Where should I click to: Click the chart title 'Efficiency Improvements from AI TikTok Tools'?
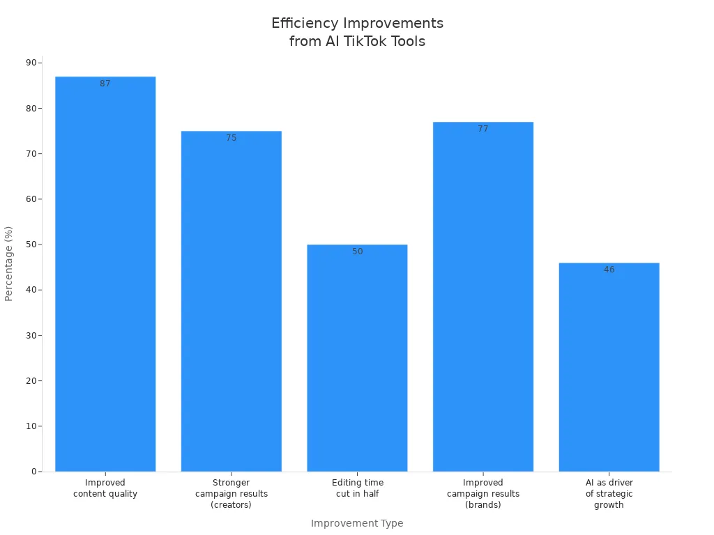(357, 32)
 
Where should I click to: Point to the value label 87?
(105, 84)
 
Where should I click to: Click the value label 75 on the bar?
(231, 138)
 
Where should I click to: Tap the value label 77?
(483, 129)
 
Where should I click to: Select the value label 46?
(609, 270)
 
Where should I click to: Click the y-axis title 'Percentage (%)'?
(9, 263)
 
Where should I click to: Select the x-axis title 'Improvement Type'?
(357, 523)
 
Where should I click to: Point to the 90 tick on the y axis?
(31, 63)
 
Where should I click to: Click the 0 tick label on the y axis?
(33, 472)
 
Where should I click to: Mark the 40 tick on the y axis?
(31, 290)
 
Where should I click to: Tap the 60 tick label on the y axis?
(31, 199)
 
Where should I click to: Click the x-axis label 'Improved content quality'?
(105, 488)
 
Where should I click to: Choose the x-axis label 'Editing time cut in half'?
(357, 488)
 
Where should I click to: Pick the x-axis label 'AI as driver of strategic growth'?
(609, 494)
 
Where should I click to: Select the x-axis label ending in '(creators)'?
(231, 494)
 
